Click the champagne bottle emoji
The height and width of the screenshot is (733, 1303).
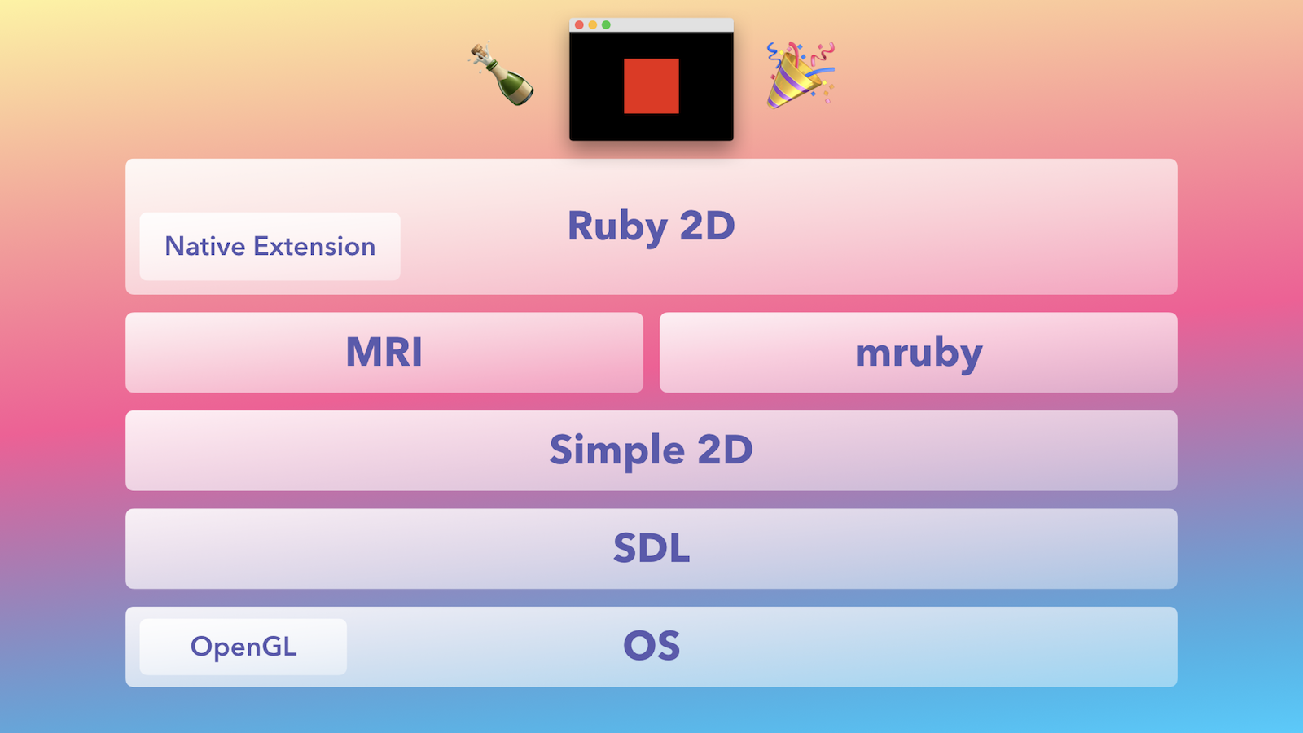tap(502, 74)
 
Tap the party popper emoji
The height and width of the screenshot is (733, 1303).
tap(801, 75)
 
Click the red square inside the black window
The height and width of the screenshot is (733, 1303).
tap(651, 86)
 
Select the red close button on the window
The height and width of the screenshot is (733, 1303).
tap(579, 24)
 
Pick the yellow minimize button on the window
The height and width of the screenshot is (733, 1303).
tap(592, 24)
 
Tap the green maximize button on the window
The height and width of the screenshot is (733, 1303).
tap(606, 24)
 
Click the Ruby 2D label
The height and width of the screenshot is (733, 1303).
tap(651, 226)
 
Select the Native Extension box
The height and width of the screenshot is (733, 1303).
tap(270, 246)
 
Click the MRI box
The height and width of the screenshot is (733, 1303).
tap(384, 353)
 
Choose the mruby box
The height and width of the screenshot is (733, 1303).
tap(919, 353)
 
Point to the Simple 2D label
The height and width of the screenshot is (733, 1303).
tap(651, 450)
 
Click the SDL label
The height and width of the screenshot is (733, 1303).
tap(651, 547)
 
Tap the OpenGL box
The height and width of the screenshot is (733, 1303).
tap(243, 647)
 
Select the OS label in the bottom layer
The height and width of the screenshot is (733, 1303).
tap(651, 646)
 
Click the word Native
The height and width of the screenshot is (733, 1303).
tap(205, 246)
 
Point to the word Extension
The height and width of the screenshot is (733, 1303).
tap(314, 246)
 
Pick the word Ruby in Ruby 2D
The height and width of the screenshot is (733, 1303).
tap(617, 227)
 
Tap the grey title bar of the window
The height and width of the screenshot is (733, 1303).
tap(651, 25)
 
